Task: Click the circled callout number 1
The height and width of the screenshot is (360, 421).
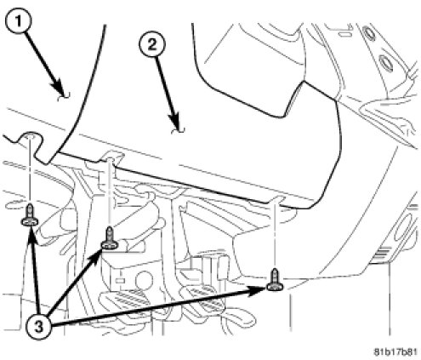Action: point(18,21)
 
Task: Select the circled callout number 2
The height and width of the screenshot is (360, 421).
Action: point(152,45)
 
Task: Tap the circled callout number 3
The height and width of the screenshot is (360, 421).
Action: point(39,326)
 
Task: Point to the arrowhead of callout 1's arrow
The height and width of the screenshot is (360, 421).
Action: point(62,90)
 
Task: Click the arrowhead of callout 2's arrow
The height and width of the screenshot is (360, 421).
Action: point(176,123)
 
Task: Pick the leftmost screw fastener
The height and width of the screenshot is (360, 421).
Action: point(30,215)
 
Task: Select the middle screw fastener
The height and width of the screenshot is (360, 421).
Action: point(109,238)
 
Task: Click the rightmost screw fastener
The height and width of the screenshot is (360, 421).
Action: point(275,280)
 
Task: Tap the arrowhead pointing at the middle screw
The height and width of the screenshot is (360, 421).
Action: point(95,255)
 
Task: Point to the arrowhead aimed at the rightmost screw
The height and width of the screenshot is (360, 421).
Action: point(258,291)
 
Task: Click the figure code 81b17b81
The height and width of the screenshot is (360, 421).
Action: point(395,351)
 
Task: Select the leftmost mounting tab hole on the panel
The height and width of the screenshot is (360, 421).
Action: point(30,137)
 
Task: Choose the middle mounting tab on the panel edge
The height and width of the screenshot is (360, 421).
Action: point(111,157)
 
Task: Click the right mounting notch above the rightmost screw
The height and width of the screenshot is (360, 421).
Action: point(276,199)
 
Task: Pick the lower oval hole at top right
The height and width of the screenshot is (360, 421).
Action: point(386,62)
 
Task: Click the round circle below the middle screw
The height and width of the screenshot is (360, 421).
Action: point(144,279)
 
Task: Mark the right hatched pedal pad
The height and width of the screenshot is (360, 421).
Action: point(205,298)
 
